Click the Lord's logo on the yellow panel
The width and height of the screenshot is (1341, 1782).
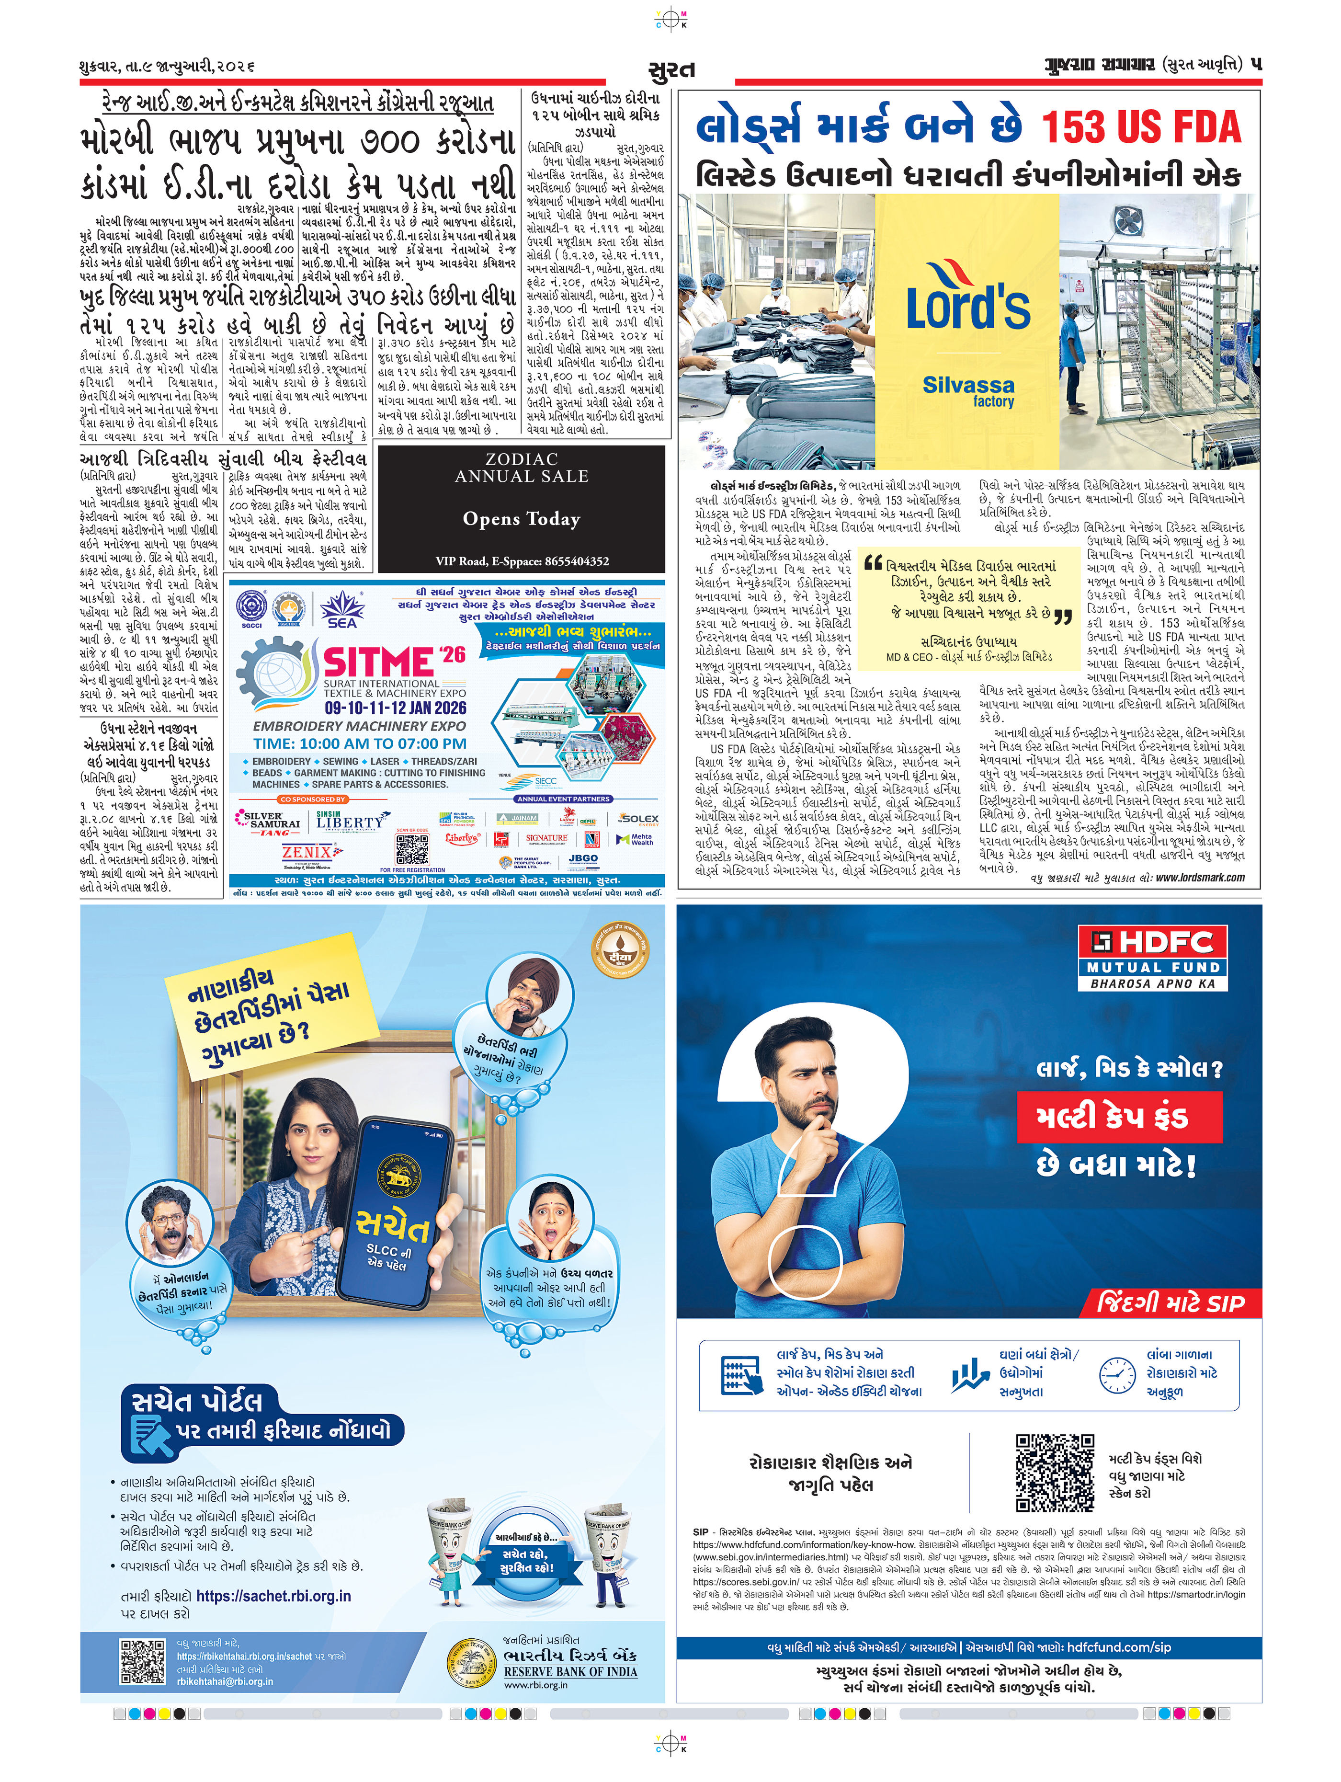[x=967, y=298]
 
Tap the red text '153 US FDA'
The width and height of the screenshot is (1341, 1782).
[x=1141, y=127]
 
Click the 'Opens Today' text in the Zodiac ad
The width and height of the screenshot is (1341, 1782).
[x=521, y=519]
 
